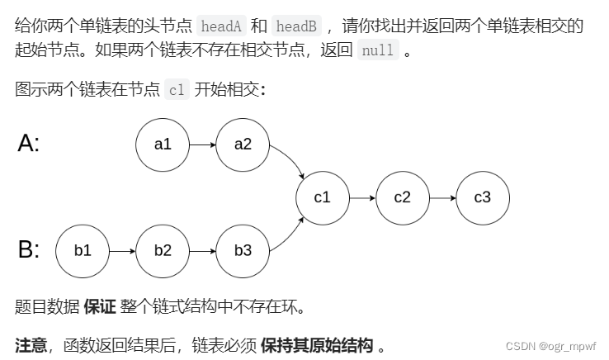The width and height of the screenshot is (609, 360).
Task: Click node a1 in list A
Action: pos(163,144)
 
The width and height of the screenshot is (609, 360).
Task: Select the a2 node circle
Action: pos(243,144)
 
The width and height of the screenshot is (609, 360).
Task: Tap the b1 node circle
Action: pos(83,250)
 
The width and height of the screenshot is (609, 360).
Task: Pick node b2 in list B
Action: pos(163,250)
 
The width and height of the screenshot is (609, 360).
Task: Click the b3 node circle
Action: pos(243,250)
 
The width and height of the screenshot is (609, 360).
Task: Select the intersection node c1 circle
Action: pos(322,197)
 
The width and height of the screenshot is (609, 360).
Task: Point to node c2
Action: pos(402,197)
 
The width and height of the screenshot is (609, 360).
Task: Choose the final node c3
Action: pos(482,197)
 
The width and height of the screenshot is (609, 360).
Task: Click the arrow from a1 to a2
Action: pos(202,144)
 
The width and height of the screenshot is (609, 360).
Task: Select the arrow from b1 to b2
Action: pos(122,250)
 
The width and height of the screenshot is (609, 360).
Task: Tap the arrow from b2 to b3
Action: pos(202,250)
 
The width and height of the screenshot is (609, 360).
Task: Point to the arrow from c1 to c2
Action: pos(361,197)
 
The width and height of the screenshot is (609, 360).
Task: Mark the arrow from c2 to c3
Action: pos(441,197)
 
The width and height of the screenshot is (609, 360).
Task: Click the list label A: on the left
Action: pos(29,144)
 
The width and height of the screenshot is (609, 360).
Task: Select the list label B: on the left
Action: pos(29,249)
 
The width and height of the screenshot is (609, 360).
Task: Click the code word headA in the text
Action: pos(222,26)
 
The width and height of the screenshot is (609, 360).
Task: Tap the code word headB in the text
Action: pos(295,26)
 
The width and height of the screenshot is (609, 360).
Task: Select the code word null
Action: pos(378,50)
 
